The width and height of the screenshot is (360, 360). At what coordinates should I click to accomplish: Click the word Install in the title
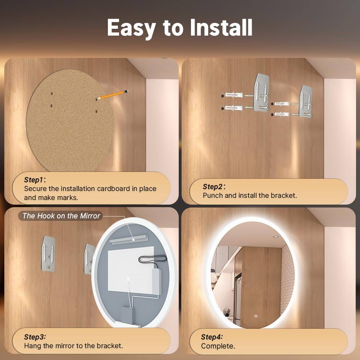(221, 28)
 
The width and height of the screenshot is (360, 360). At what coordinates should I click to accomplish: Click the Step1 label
(34, 180)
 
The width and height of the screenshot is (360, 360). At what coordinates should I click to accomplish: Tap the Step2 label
(213, 186)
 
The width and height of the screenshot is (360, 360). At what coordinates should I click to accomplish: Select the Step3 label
(35, 337)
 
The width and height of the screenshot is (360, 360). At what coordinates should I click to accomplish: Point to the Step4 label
(212, 337)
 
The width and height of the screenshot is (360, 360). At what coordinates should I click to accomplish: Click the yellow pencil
(113, 95)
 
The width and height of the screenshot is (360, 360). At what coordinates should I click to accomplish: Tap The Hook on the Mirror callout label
(61, 216)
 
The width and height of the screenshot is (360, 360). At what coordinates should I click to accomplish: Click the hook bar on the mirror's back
(128, 239)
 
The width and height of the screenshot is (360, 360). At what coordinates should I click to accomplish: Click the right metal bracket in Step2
(306, 102)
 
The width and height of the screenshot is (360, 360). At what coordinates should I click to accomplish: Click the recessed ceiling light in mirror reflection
(275, 237)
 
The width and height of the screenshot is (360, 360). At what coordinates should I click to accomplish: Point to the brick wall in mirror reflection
(288, 273)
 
